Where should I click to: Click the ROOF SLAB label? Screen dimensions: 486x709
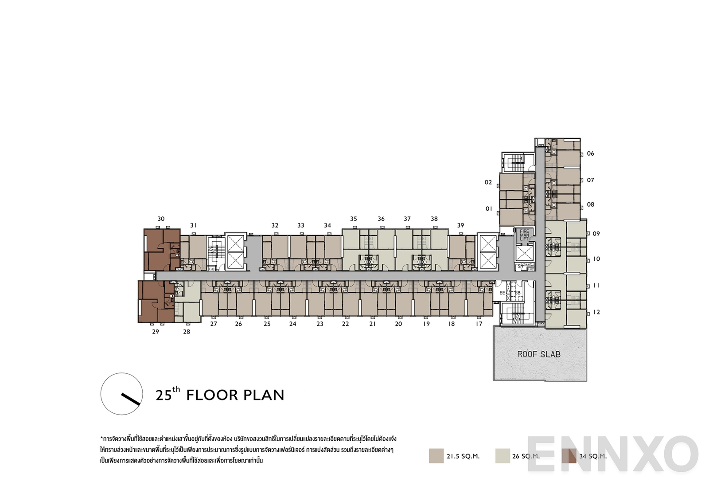click(x=538, y=354)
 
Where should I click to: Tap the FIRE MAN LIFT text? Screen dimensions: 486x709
click(x=524, y=235)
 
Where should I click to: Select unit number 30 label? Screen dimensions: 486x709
click(x=161, y=219)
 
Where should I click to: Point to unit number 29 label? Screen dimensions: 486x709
click(x=155, y=331)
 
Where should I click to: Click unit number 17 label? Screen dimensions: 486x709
click(x=479, y=324)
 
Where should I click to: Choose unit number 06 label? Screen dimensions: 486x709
click(x=590, y=153)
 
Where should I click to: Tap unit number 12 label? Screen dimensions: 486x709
click(x=596, y=312)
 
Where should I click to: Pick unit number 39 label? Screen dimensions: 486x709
click(x=460, y=225)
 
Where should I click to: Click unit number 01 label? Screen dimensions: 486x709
click(x=489, y=208)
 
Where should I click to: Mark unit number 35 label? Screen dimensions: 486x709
click(x=353, y=219)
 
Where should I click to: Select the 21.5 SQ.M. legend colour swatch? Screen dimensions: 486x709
click(x=436, y=456)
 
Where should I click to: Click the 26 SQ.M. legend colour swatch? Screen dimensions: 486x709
click(x=503, y=456)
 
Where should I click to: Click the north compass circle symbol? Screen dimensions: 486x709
click(x=122, y=394)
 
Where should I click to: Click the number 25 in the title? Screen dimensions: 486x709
click(x=163, y=395)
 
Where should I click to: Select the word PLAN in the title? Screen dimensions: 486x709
click(x=264, y=395)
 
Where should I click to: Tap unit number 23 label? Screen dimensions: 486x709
click(x=319, y=324)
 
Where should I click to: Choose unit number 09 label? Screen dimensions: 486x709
click(x=596, y=234)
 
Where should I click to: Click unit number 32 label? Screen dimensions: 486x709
click(x=275, y=225)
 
